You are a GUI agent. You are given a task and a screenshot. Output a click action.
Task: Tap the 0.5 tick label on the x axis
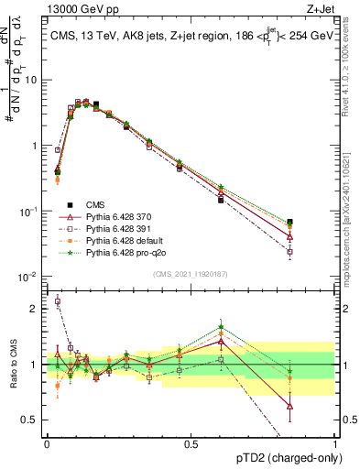191,442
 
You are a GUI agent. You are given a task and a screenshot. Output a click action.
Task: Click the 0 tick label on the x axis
47,442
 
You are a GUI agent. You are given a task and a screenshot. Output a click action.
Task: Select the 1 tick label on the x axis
335,442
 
